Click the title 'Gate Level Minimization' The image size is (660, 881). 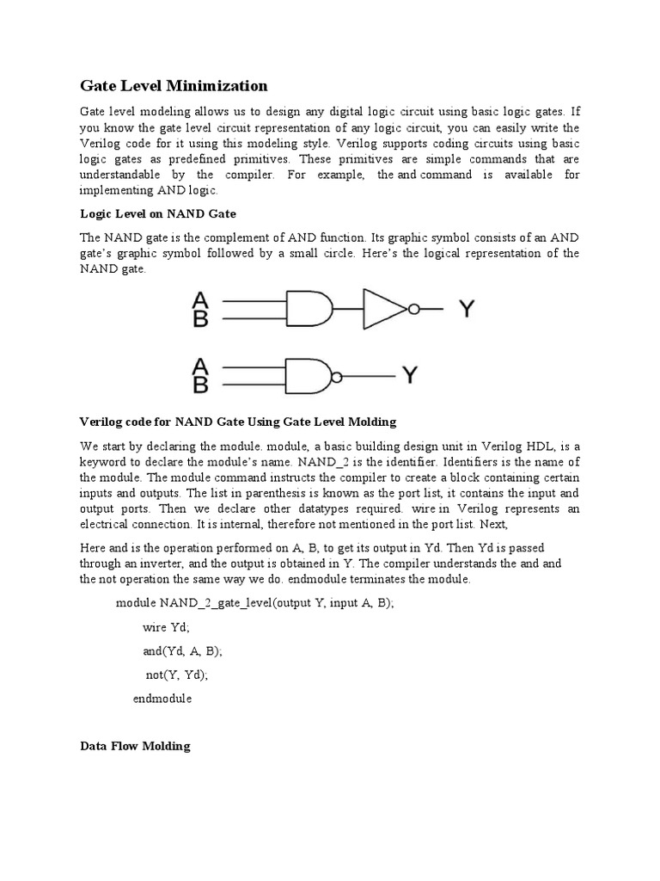pyautogui.click(x=174, y=86)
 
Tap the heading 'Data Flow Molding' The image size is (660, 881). pyautogui.click(x=135, y=746)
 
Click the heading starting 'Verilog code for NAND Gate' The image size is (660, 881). pyautogui.click(x=238, y=422)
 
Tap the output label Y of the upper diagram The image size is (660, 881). pyautogui.click(x=465, y=309)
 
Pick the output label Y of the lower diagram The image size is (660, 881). pyautogui.click(x=411, y=375)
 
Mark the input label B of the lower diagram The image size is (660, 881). pyautogui.click(x=200, y=385)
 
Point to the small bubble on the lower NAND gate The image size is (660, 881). pyautogui.click(x=338, y=376)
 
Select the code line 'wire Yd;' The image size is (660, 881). pyautogui.click(x=167, y=627)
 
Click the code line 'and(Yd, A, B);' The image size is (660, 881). pyautogui.click(x=182, y=651)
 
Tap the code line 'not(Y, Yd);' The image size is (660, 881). pyautogui.click(x=177, y=675)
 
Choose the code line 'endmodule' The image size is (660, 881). pyautogui.click(x=162, y=699)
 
